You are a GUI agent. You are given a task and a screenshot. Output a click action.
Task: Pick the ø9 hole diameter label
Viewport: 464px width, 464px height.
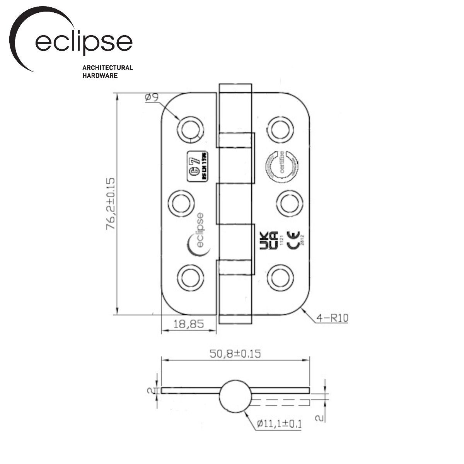tap(152, 97)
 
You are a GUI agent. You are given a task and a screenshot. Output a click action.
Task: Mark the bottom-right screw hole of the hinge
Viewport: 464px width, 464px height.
tap(281, 277)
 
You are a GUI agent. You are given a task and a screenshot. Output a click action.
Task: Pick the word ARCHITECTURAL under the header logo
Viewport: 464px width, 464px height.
tap(107, 68)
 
